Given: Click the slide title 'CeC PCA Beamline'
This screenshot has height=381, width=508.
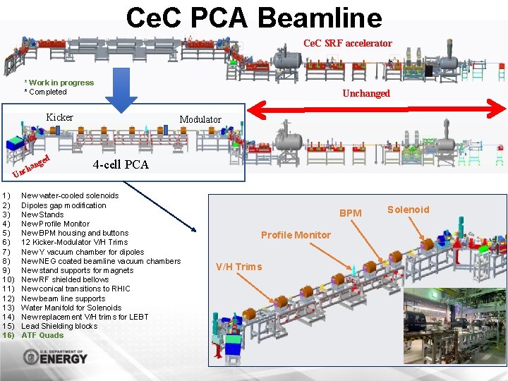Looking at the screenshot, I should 254,17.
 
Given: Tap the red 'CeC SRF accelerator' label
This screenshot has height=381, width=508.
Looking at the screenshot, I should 347,44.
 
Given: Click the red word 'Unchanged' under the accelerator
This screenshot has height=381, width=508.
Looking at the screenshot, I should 365,94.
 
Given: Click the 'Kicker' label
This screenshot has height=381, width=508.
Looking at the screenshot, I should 59,118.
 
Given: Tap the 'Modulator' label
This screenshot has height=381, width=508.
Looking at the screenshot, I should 200,120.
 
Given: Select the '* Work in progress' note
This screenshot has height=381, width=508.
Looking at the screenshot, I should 59,83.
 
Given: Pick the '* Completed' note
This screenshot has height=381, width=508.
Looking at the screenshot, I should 46,92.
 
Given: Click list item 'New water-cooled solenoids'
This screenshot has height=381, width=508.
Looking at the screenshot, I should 70,195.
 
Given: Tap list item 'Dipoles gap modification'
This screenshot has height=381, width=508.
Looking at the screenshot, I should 64,205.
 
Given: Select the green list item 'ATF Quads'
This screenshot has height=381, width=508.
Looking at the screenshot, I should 43,335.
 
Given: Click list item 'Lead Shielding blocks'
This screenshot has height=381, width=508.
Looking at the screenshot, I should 59,326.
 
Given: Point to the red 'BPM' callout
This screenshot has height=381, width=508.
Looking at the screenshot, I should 350,213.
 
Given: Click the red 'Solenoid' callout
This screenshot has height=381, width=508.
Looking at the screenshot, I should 408,210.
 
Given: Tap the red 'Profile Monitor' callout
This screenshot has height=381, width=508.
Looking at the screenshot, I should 296,235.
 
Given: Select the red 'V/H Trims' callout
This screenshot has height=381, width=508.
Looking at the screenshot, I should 238,267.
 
